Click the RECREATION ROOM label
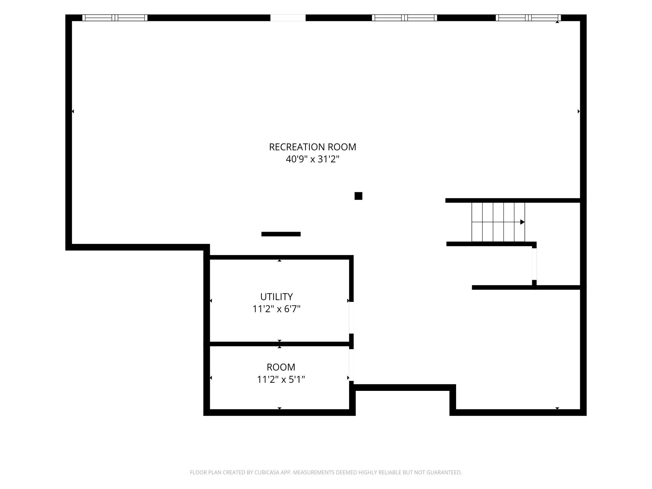313,147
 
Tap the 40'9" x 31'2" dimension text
313,159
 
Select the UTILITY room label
276,297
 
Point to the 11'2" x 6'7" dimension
276,309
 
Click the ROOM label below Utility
281,367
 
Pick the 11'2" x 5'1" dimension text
281,380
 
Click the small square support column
358,196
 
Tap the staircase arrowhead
522,222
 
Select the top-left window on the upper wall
115,18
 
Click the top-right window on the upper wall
528,18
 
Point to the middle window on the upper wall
404,18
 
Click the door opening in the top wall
288,18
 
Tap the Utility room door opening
351,318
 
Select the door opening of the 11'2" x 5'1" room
351,365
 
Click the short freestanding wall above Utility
281,234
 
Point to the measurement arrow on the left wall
73,111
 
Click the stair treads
498,222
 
